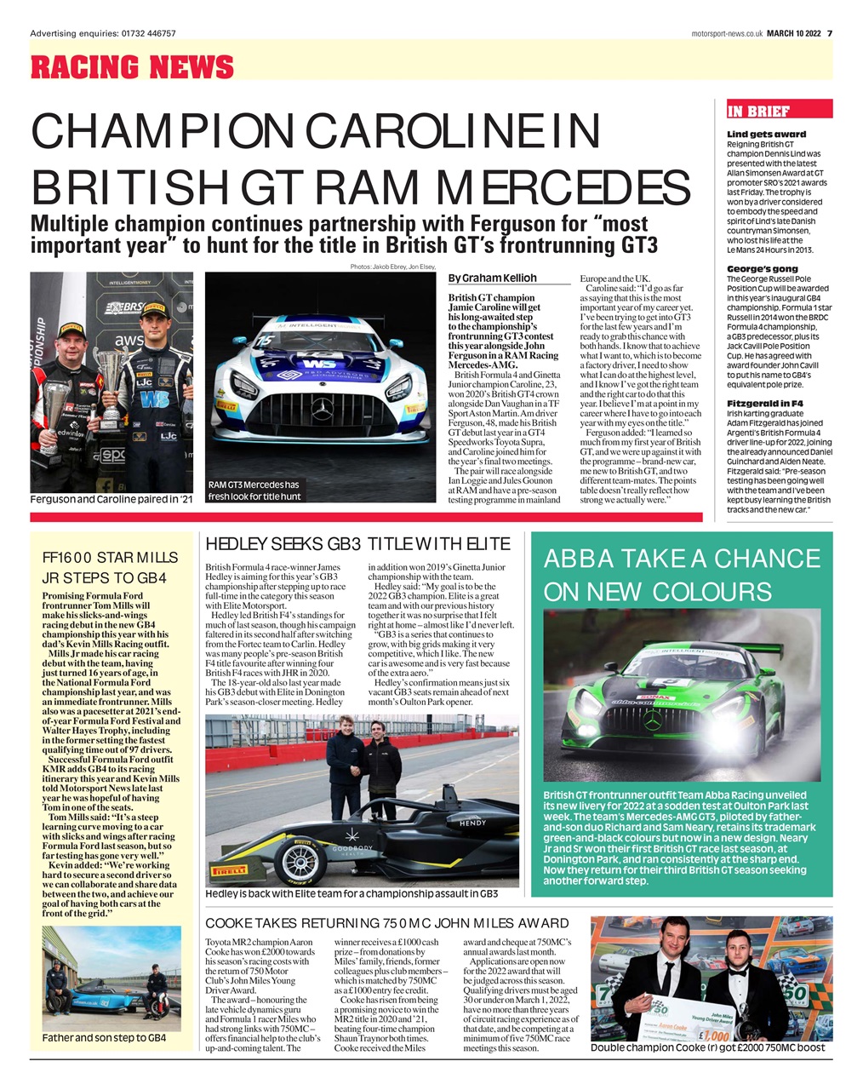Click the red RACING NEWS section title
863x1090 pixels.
point(132,66)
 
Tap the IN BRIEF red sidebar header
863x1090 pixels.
point(758,111)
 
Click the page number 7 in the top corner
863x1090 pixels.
point(830,33)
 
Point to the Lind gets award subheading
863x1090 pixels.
point(766,135)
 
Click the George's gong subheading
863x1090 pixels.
point(763,268)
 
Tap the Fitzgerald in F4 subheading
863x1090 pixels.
point(765,402)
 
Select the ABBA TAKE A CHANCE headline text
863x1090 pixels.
point(682,559)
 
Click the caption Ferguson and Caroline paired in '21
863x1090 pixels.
point(111,499)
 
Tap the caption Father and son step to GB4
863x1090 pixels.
point(104,1038)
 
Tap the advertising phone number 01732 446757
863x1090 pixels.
point(149,33)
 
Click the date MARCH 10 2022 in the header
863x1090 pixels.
point(793,33)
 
